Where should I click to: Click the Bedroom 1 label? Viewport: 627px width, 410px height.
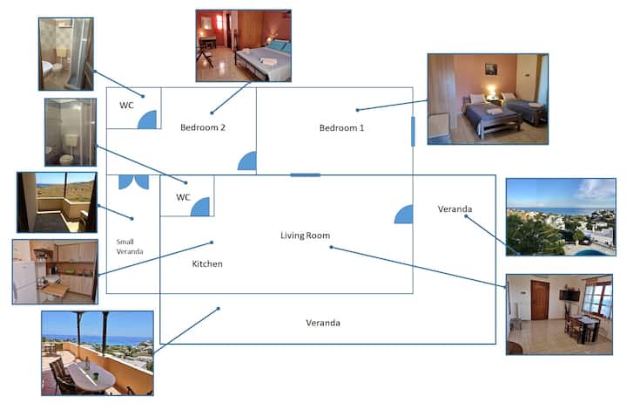[x=341, y=128]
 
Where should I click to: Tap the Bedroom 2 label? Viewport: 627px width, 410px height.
[x=203, y=127]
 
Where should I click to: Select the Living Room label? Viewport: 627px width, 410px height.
[x=305, y=236]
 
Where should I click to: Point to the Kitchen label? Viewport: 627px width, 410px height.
[x=207, y=263]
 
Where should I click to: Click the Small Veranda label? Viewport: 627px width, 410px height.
[x=130, y=247]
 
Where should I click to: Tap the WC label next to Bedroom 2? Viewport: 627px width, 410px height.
[x=126, y=106]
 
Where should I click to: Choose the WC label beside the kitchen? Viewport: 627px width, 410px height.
[x=183, y=197]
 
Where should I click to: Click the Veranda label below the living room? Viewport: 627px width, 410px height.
[x=323, y=323]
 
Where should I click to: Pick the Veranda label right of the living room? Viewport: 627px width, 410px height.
[x=455, y=209]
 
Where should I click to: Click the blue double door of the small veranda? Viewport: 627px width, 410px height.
[x=134, y=181]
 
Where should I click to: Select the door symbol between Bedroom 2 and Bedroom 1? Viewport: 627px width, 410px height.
[x=247, y=161]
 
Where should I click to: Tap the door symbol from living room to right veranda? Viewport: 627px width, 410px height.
[x=403, y=215]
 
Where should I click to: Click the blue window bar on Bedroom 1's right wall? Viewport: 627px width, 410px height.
[x=413, y=132]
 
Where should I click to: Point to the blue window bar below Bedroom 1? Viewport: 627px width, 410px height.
[x=305, y=175]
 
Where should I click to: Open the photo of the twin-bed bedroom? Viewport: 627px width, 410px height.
[x=488, y=99]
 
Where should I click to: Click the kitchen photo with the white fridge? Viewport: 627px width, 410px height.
[x=55, y=272]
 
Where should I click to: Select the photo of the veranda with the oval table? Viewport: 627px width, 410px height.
[x=98, y=353]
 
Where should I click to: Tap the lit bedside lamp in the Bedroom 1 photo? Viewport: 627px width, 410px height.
[x=491, y=91]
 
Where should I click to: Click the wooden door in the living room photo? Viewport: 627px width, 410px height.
[x=540, y=300]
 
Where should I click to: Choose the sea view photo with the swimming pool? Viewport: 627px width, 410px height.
[x=561, y=217]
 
